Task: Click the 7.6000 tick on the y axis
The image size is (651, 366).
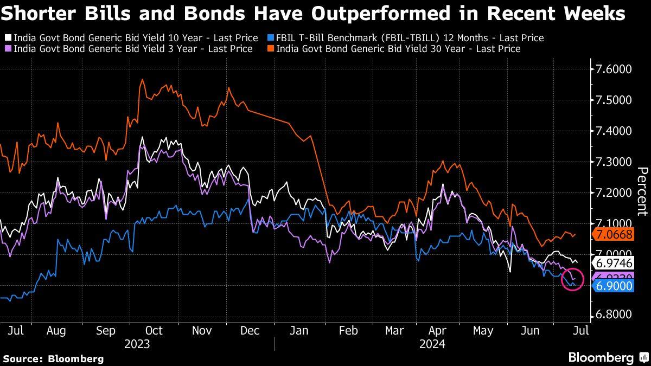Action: (615, 69)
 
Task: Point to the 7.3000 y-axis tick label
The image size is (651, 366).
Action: (615, 162)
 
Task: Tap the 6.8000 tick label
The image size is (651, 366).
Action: (615, 315)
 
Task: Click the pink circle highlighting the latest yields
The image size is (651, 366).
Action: (571, 279)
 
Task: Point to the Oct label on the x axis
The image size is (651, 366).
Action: (155, 330)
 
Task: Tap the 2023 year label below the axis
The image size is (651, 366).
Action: (137, 344)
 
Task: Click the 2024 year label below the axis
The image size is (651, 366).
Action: (432, 344)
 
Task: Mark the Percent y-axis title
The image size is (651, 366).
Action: (642, 192)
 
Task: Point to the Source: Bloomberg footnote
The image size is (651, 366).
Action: (53, 358)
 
